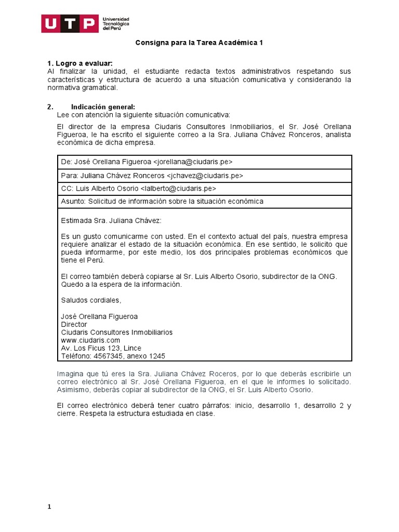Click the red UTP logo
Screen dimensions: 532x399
tap(70, 23)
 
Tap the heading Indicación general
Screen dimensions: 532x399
tap(103, 107)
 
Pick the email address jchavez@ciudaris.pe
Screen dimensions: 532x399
tap(205, 175)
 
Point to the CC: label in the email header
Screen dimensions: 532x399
tap(68, 188)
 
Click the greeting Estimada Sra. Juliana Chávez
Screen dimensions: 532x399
tap(111, 220)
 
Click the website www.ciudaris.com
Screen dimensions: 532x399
tap(90, 340)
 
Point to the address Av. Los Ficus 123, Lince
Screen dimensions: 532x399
tap(101, 348)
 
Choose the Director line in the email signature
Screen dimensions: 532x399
tap(74, 324)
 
